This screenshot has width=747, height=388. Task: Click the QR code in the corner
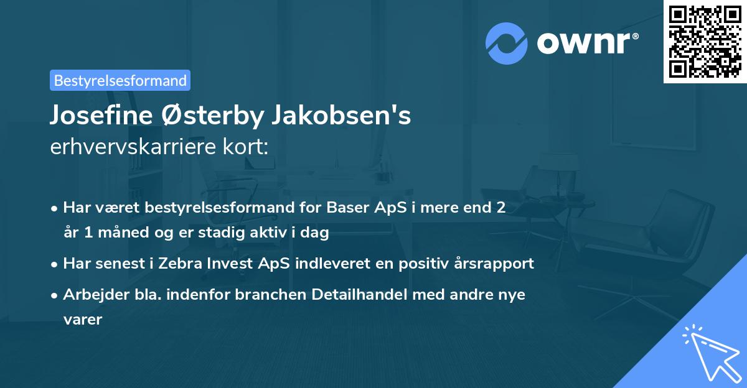(x=705, y=42)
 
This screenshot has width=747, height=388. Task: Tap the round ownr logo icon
(x=507, y=42)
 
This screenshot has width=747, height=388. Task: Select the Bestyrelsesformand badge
(x=120, y=80)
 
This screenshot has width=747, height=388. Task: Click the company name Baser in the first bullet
(x=345, y=208)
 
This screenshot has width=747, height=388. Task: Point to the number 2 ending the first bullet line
(x=500, y=208)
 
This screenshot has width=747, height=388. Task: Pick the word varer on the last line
(x=83, y=320)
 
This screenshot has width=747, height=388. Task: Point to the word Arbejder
(x=92, y=294)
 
